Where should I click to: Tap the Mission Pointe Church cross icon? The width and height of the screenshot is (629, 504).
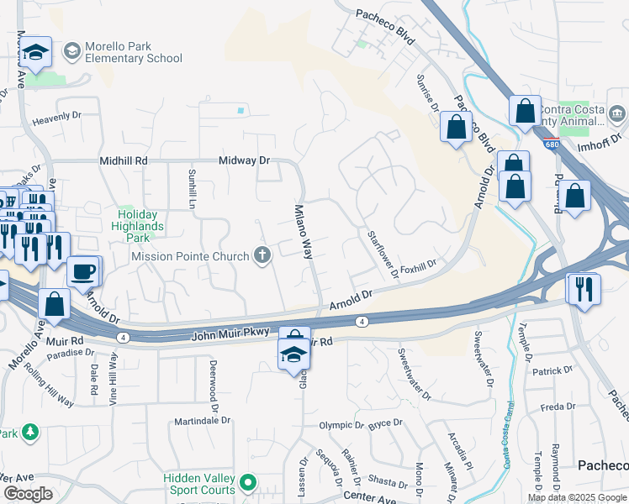[x=263, y=255]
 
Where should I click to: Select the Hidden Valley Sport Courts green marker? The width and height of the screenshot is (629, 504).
[x=246, y=483]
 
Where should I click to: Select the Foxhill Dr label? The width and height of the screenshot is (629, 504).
[x=419, y=266]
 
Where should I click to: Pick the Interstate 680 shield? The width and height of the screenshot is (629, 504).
[x=552, y=144]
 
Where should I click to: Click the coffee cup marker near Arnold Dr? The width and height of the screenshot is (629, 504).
[x=84, y=271]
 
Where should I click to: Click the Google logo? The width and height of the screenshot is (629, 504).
[x=28, y=494]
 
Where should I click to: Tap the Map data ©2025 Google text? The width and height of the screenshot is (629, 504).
[x=577, y=497]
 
